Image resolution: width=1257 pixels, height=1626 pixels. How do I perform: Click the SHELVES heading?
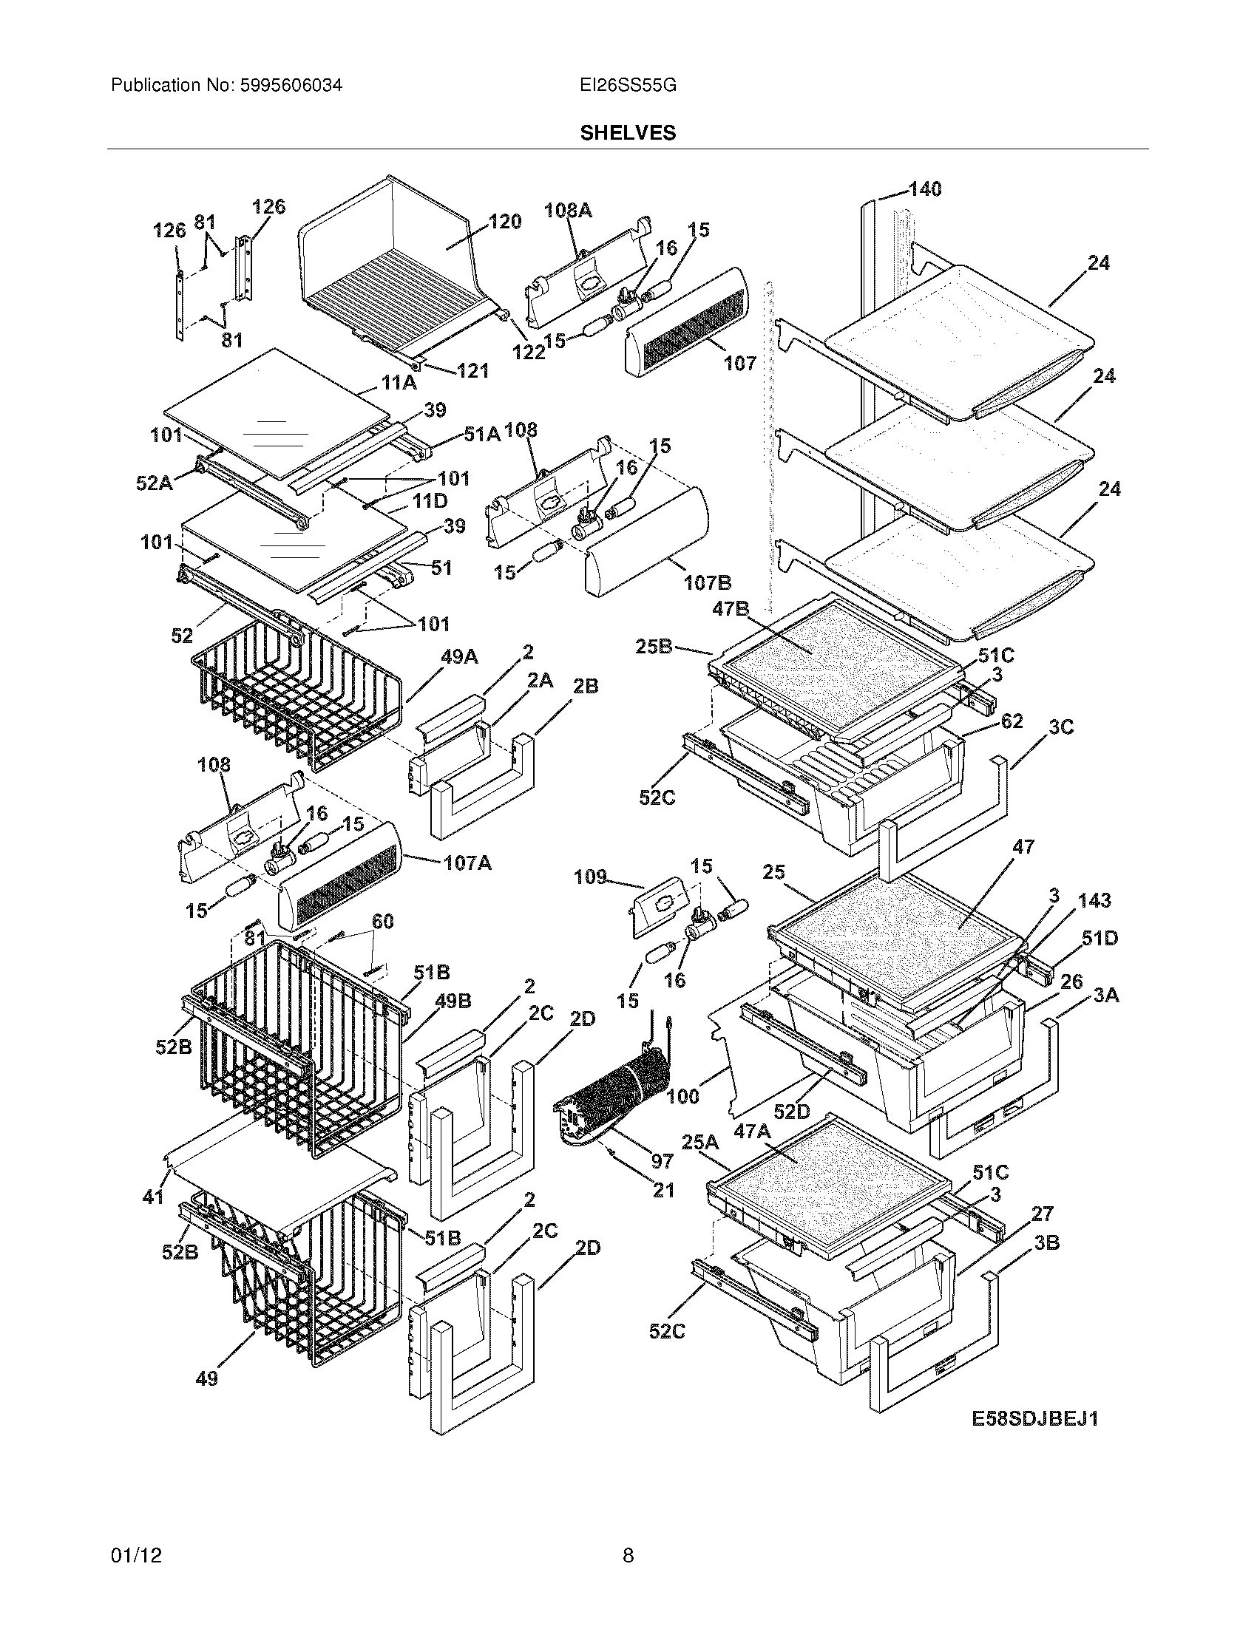coord(628,133)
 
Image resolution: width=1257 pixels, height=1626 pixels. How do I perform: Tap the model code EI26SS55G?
coord(628,86)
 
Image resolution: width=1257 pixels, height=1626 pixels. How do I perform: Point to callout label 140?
coord(924,189)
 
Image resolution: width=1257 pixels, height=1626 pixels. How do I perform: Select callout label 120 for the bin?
coord(504,222)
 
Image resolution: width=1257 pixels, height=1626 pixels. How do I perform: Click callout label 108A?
coord(568,211)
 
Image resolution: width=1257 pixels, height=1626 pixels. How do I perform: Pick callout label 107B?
coord(707,582)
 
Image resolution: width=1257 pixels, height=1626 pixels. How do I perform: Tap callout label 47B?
coord(730,608)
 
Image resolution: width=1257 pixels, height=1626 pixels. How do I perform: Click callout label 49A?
coord(458,656)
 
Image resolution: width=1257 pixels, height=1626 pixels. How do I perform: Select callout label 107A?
coord(467,863)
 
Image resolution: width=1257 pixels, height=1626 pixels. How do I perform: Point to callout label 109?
coord(590,877)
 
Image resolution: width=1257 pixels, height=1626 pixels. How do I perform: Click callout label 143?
coord(1093,900)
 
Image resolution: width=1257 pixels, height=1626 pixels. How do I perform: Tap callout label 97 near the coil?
coord(661,1160)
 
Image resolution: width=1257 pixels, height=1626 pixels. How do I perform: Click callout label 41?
coord(152,1197)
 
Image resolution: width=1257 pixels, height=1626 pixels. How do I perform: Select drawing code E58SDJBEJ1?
coord(1034,1419)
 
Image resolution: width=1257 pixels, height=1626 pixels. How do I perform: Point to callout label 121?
coord(473,370)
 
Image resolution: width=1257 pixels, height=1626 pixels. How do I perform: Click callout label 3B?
coord(1046,1242)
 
